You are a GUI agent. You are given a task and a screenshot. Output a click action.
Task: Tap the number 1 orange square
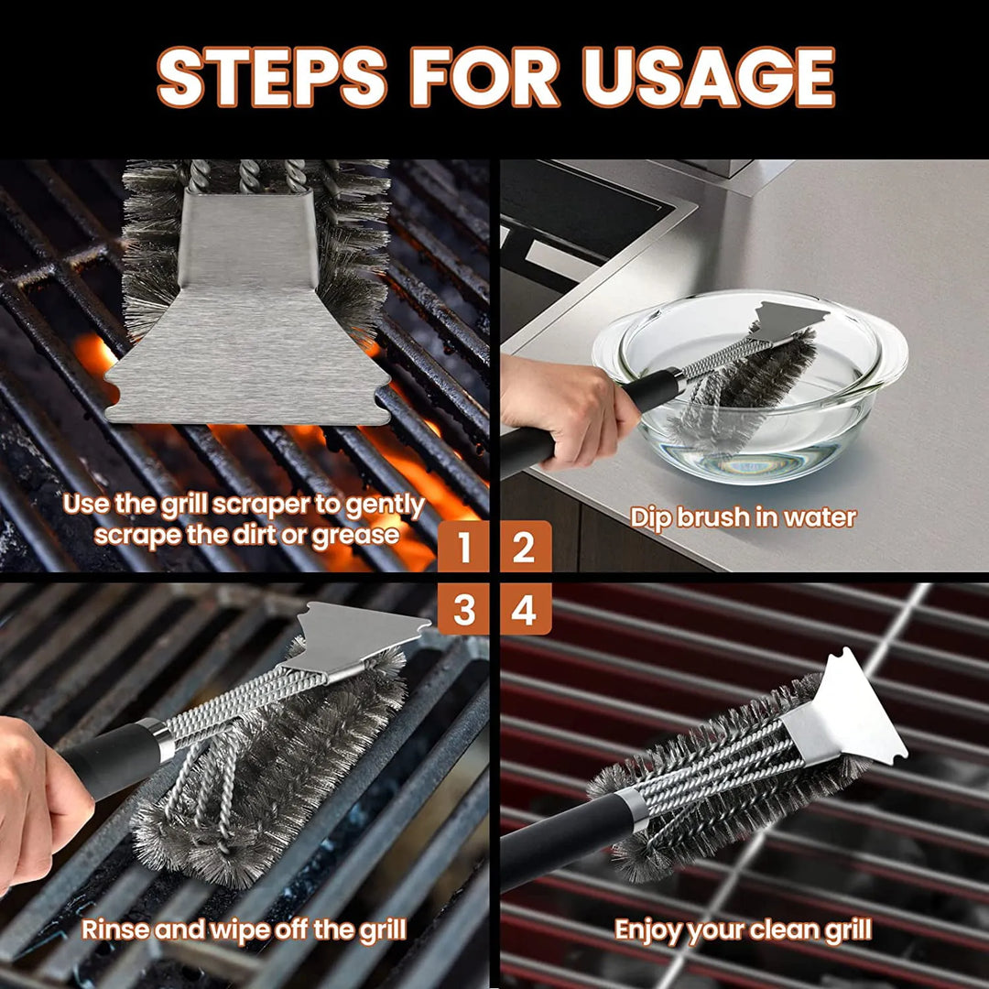464,547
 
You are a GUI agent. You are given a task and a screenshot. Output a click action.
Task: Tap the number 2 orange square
524,547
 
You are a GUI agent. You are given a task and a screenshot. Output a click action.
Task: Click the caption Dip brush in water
743,517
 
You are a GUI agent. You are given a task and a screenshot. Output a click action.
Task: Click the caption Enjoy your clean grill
743,930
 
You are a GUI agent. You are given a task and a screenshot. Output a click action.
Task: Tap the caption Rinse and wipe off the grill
244,930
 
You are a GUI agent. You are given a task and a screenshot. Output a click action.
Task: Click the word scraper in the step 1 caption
271,505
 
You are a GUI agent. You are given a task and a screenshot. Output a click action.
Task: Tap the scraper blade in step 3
362,636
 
